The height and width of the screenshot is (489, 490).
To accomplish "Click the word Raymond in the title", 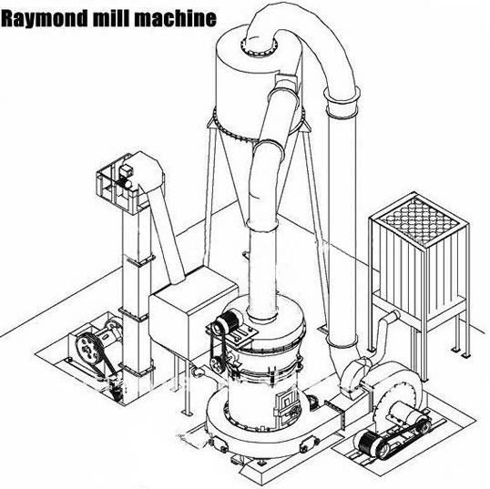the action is pyautogui.click(x=44, y=18).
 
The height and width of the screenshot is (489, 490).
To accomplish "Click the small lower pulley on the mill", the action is pyautogui.click(x=216, y=364).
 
